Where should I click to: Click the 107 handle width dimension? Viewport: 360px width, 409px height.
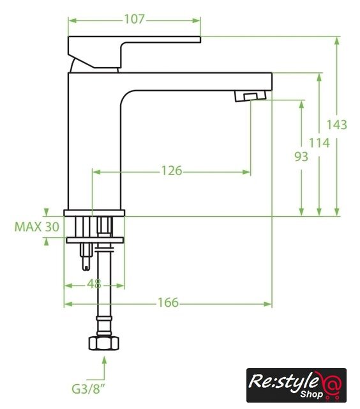[134, 19]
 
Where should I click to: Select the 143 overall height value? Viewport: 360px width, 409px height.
[336, 125]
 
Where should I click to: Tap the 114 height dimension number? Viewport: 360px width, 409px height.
[319, 143]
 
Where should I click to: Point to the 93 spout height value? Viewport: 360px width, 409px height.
[301, 157]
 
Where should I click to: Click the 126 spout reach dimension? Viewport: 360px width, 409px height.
[172, 171]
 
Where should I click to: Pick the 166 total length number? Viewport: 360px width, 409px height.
[169, 302]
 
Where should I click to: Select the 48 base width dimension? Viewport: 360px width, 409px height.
[94, 284]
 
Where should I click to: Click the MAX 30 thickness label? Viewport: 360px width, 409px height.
[37, 227]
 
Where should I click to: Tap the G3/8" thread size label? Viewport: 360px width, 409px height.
[88, 389]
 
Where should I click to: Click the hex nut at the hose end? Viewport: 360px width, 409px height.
[103, 343]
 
